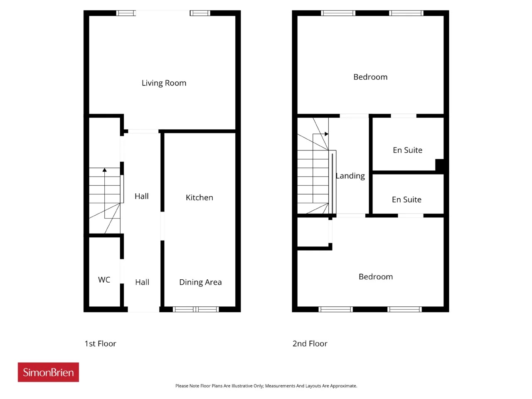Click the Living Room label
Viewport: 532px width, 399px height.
(x=164, y=83)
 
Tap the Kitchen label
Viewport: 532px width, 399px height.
(x=199, y=197)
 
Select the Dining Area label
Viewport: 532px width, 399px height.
(x=200, y=282)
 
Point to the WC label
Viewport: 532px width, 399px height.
(x=104, y=280)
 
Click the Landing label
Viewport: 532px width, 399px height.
(x=350, y=176)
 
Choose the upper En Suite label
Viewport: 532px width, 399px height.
(x=407, y=150)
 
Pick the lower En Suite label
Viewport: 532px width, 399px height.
(x=406, y=199)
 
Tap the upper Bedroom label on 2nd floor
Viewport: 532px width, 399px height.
(x=370, y=77)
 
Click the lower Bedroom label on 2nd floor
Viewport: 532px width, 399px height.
(x=376, y=277)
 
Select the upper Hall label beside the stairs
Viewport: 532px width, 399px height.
(x=142, y=196)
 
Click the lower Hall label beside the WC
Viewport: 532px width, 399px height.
(x=142, y=282)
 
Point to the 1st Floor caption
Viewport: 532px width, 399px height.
(x=100, y=344)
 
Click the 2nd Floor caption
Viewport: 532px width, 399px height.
(x=310, y=344)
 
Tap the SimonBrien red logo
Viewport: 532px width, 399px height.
(x=48, y=372)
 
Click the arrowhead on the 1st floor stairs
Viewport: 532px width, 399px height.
(x=104, y=170)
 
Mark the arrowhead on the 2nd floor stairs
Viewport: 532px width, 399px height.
(x=326, y=134)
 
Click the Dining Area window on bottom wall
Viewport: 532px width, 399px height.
(x=196, y=309)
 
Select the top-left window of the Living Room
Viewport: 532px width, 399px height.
(x=126, y=13)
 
